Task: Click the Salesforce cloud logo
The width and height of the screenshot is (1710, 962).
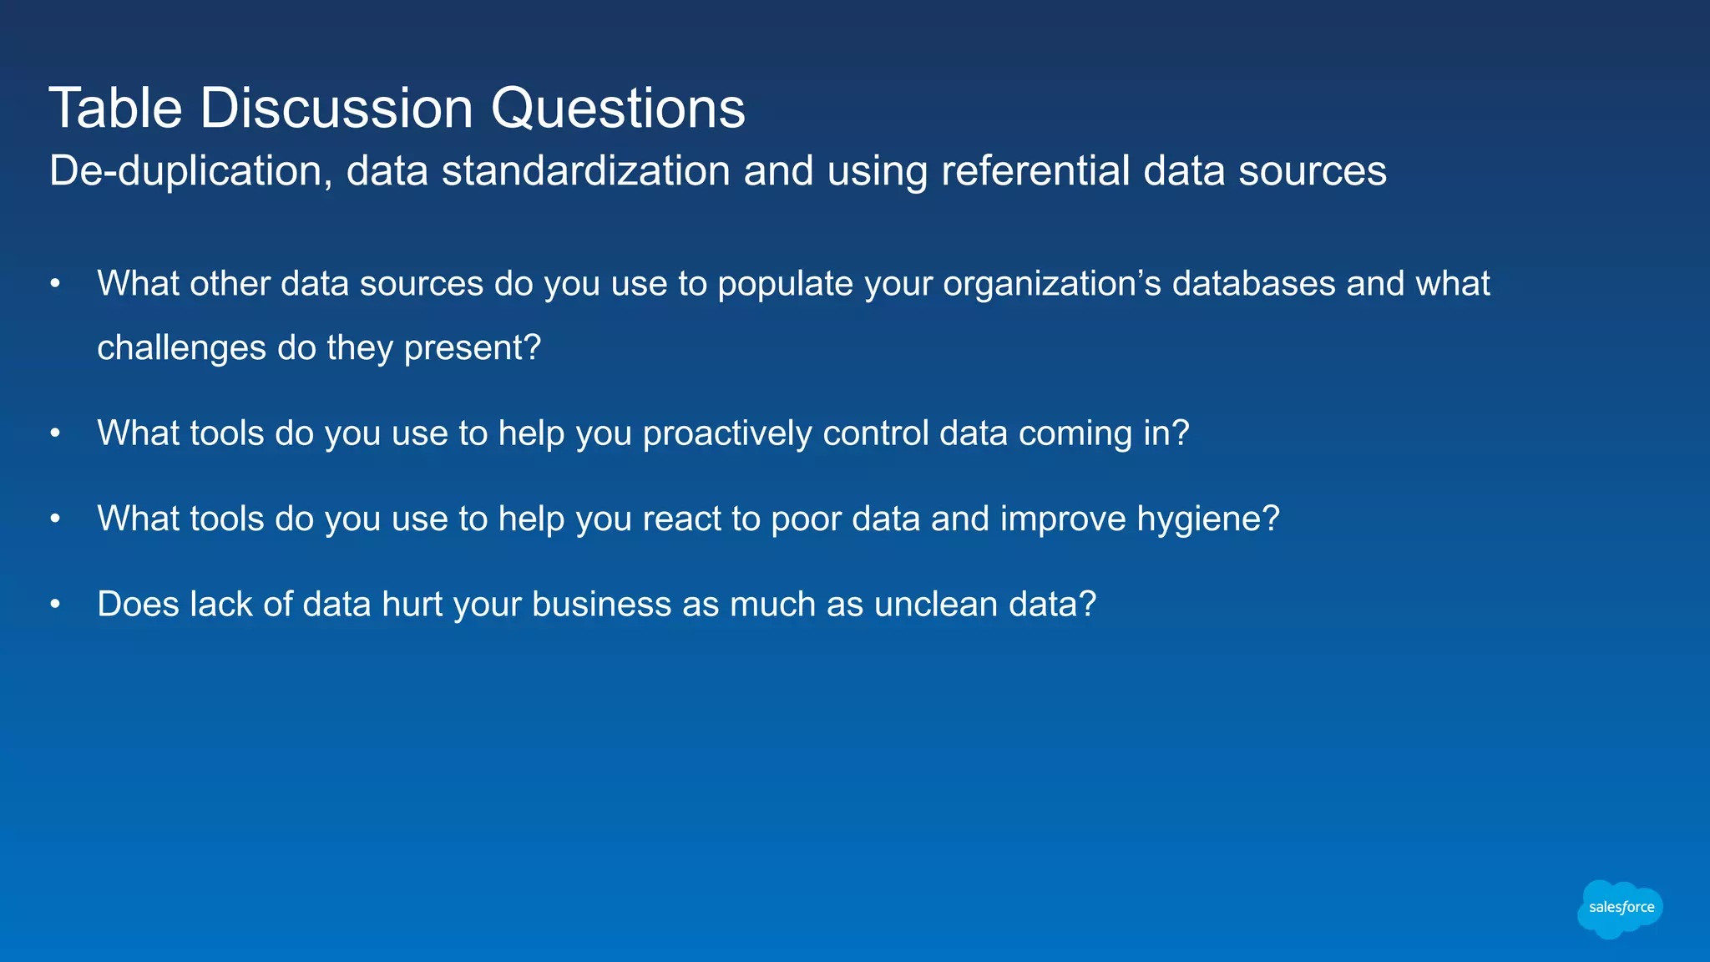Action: [1620, 908]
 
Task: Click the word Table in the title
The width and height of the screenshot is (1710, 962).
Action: [115, 109]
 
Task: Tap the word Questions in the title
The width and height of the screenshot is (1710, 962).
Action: [617, 109]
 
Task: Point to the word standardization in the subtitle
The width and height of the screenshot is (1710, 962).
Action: [585, 171]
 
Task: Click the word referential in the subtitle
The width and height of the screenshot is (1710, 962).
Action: [1035, 171]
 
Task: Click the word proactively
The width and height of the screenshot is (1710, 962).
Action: [726, 434]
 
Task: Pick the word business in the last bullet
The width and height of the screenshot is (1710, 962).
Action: [601, 605]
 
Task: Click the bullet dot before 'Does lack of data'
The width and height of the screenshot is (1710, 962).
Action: [55, 605]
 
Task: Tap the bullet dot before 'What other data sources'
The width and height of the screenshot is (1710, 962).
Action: [55, 285]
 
